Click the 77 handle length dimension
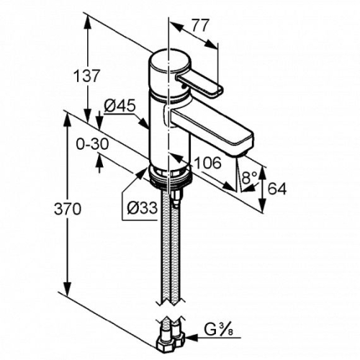(x=199, y=25)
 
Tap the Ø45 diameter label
(x=120, y=106)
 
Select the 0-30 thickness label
(x=92, y=145)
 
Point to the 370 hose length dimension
(x=68, y=209)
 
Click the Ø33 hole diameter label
(x=142, y=207)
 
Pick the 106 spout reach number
(x=207, y=163)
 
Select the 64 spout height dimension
(x=277, y=189)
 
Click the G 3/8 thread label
(x=219, y=330)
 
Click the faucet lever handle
(x=199, y=84)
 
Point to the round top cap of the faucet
(x=169, y=61)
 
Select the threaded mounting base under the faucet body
(x=169, y=176)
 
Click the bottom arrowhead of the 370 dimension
(x=68, y=289)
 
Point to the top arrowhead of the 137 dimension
(x=87, y=24)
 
